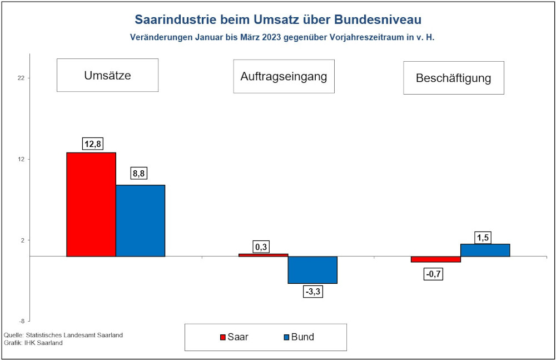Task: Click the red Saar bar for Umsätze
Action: (91, 204)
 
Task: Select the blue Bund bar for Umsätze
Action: (140, 220)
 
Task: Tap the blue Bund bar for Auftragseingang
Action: (312, 270)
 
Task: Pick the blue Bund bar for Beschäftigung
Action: (485, 250)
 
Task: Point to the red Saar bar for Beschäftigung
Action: (436, 259)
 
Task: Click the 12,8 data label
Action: (91, 144)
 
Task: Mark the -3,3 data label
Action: (313, 290)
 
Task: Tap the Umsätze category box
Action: (107, 75)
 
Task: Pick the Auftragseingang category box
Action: (284, 76)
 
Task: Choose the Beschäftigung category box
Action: (453, 78)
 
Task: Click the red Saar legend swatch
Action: (224, 337)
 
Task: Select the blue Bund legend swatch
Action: (286, 337)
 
